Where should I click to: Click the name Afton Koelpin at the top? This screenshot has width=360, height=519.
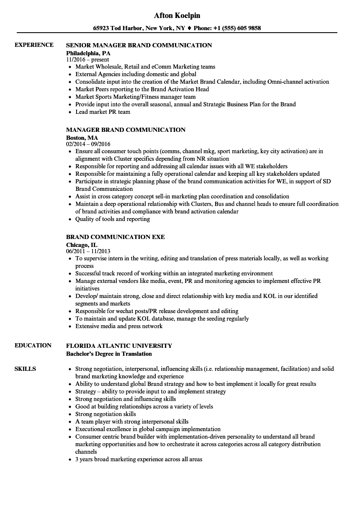177,15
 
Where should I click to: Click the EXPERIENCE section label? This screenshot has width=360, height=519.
34,45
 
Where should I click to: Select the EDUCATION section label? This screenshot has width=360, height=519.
33,345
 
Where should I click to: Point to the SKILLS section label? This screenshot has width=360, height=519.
25,369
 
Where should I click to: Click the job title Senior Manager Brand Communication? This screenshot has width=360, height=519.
139,45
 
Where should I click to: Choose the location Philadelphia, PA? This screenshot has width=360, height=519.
88,53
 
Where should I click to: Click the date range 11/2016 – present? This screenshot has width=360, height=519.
88,60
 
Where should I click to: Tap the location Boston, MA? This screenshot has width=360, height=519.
82,137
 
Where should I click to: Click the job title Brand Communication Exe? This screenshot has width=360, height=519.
116,237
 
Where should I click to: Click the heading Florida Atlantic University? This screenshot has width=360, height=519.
119,346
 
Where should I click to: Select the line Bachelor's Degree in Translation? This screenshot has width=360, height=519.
109,354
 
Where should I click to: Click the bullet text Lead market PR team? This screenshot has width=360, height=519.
103,112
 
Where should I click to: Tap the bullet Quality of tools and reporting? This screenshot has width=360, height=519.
113,219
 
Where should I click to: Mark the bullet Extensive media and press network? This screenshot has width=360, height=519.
119,326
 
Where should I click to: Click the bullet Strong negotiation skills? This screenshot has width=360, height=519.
105,414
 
